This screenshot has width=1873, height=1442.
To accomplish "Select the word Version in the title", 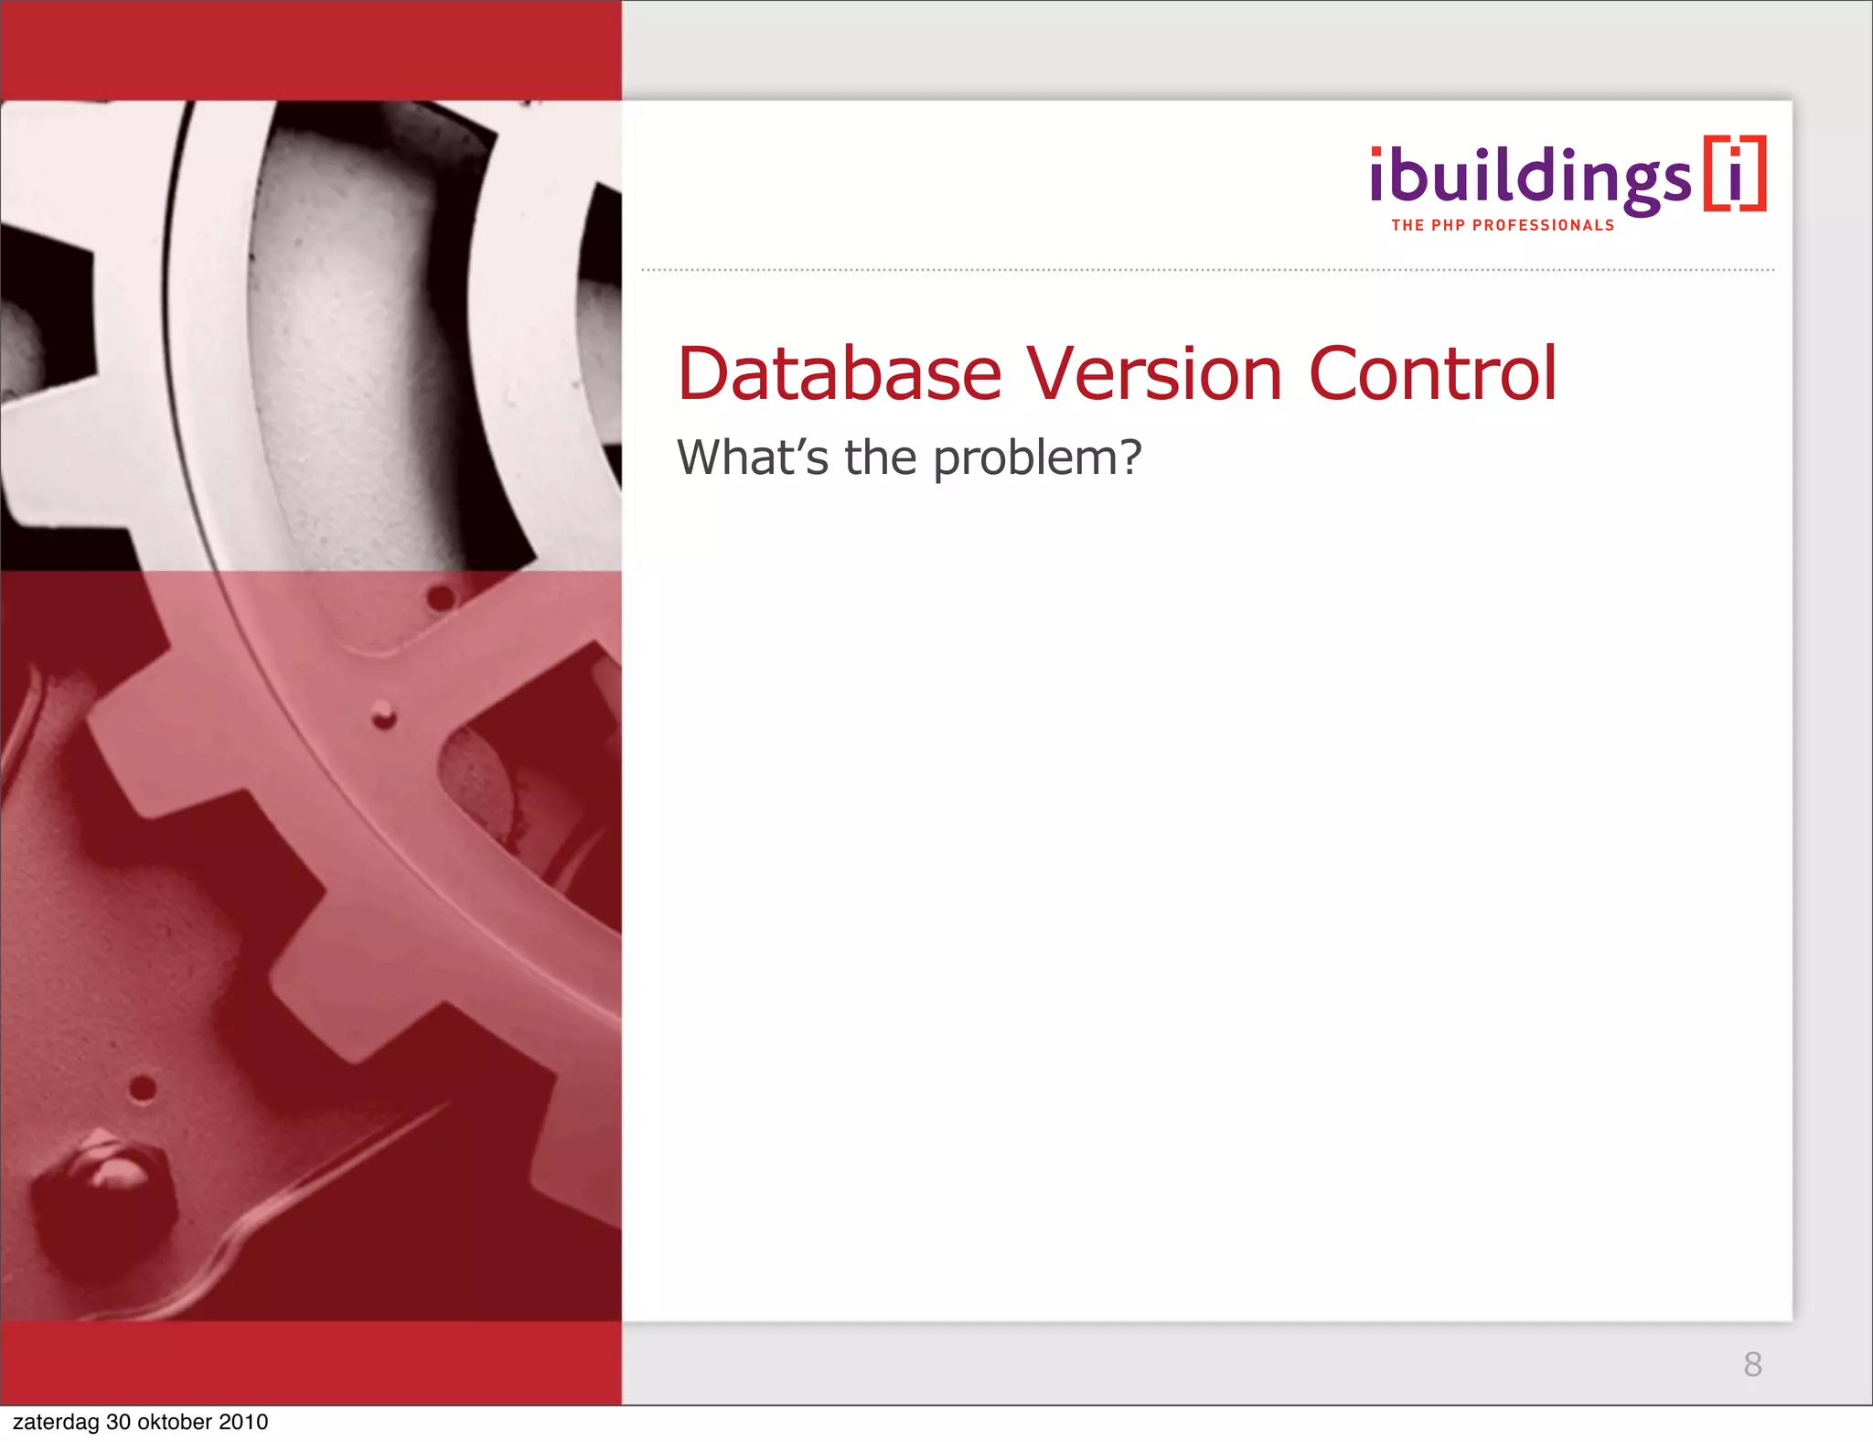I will click(x=1155, y=374).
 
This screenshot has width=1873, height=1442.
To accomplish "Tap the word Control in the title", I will click(x=1432, y=374).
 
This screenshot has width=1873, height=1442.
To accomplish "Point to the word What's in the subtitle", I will click(x=753, y=457).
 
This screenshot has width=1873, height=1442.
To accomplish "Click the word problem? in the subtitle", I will click(x=1037, y=458).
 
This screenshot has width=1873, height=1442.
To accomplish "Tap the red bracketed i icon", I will click(x=1735, y=174).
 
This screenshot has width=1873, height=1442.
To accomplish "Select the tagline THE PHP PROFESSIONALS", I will click(x=1503, y=225).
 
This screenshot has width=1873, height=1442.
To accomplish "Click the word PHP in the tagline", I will click(x=1448, y=225).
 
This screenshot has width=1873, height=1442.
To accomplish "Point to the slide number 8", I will click(x=1752, y=1364).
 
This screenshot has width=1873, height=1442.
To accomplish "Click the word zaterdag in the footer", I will click(x=56, y=1422).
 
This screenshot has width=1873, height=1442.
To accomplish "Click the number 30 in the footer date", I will click(x=119, y=1422).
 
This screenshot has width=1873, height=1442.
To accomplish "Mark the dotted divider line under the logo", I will click(x=1207, y=270).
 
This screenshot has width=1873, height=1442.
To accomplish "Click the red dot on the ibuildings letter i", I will click(x=1376, y=152).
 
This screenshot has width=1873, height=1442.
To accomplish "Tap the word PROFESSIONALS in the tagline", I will click(x=1544, y=225).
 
